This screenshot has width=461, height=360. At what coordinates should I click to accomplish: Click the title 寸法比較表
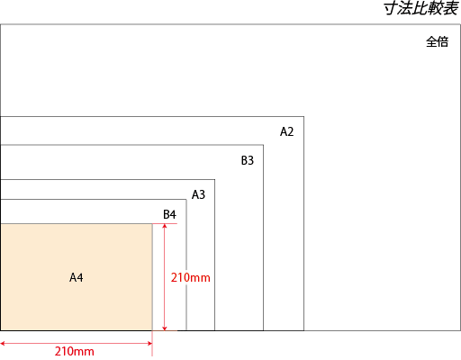click(x=421, y=8)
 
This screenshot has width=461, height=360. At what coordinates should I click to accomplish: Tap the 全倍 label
click(x=437, y=41)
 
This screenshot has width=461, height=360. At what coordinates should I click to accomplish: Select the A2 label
click(x=286, y=131)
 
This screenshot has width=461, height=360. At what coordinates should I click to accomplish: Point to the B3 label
click(x=248, y=160)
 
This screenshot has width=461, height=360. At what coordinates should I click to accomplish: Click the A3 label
click(x=198, y=194)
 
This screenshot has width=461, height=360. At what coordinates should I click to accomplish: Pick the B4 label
click(x=169, y=214)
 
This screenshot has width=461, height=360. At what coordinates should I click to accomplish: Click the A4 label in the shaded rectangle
click(x=77, y=277)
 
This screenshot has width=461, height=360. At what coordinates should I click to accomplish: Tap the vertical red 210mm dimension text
click(x=191, y=277)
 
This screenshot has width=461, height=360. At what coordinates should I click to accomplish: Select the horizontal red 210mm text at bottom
click(x=75, y=351)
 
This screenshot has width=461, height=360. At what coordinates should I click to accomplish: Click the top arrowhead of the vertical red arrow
click(x=164, y=224)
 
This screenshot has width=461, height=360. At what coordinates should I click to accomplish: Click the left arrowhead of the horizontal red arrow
click(x=1, y=343)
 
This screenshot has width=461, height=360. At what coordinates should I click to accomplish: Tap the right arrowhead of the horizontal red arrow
click(x=151, y=343)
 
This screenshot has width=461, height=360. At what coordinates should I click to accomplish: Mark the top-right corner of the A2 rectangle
click(x=303, y=117)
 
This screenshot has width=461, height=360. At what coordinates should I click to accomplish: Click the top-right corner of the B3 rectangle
click(x=263, y=145)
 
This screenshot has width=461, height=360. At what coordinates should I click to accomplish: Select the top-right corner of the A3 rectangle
click(x=214, y=180)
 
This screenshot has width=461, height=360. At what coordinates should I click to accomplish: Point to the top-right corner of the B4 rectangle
click(x=186, y=200)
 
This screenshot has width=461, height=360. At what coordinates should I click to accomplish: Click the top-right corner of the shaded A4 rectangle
click(x=152, y=224)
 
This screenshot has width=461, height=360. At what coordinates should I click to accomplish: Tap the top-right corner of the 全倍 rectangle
click(x=460, y=24)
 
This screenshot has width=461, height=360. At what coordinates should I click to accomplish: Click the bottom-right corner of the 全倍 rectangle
click(x=460, y=330)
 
